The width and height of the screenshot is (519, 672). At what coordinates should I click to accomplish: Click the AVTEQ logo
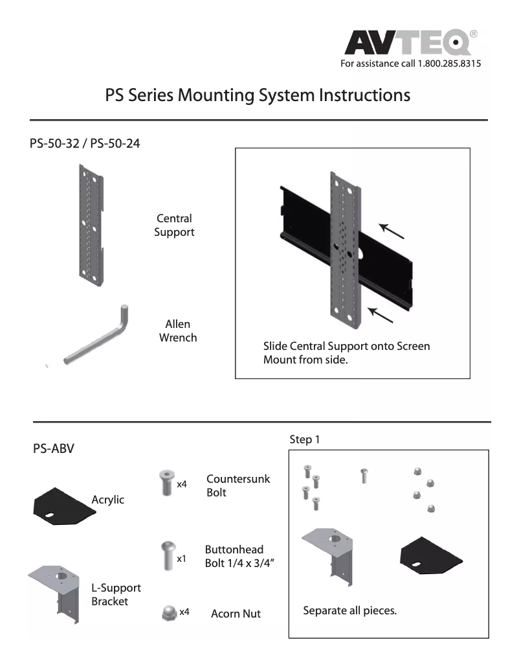tap(411, 43)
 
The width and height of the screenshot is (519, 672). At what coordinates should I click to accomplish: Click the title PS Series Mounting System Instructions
tap(258, 95)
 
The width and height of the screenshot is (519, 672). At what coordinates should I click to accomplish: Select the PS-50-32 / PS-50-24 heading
tap(85, 143)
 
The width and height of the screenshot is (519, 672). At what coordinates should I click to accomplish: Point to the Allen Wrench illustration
tap(97, 337)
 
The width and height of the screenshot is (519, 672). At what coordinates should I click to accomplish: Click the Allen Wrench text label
tap(178, 330)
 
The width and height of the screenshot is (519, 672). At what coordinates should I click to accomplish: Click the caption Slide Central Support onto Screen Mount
tap(346, 353)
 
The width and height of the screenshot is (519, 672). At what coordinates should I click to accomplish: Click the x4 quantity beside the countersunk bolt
tap(182, 484)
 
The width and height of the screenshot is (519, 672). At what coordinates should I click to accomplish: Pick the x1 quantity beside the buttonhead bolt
tap(182, 557)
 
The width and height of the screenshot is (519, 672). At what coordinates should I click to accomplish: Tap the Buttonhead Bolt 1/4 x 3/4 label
tap(234, 555)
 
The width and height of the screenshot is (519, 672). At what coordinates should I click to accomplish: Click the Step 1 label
tap(305, 439)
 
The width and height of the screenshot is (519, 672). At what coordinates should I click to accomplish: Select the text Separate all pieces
tap(349, 610)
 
